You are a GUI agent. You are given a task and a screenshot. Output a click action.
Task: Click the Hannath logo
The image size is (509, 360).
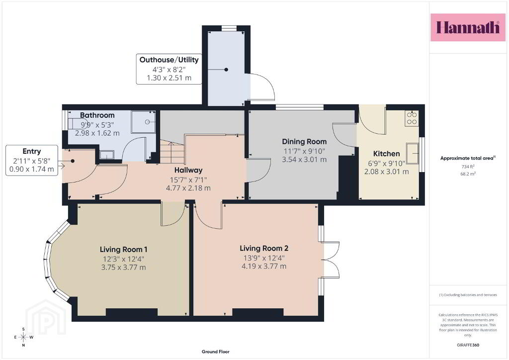pos(468,27)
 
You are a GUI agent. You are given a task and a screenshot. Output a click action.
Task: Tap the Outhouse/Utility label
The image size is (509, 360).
pos(169,60)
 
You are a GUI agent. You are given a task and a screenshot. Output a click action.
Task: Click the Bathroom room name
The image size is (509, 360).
pos(97,115)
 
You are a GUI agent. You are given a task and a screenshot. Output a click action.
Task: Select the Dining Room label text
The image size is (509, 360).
pos(304,142)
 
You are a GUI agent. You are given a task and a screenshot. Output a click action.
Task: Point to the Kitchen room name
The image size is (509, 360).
pos(386,154)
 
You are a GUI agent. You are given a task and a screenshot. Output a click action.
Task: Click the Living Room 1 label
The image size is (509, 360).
pos(123,249)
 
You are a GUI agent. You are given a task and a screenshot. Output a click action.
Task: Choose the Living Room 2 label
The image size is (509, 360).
pos(264,248)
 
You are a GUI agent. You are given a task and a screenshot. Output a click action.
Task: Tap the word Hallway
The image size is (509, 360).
pos(188,170)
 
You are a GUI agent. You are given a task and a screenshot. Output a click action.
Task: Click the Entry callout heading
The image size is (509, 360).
pos(31,151)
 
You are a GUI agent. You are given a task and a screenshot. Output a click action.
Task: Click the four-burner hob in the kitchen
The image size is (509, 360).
pos(412,118)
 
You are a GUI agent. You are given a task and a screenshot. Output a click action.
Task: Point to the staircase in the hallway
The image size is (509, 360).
pos(172,152)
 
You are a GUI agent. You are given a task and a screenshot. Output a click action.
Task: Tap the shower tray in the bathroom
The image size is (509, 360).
pos(143,122)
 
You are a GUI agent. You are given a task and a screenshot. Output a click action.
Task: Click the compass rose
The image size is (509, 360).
pos(23,337)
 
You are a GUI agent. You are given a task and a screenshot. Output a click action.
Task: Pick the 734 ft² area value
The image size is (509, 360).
pos(468,167)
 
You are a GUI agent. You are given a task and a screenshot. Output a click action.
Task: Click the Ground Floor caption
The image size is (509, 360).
pos(216,352)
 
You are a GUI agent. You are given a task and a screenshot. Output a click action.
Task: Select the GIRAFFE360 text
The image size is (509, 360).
pos(468,345)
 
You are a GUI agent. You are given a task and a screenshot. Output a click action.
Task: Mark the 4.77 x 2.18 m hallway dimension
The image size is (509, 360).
pos(188,188)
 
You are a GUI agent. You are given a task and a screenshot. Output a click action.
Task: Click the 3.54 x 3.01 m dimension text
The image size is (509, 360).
pos(304,160)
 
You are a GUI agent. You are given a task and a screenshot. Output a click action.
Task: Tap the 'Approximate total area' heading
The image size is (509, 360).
pos(468,158)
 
